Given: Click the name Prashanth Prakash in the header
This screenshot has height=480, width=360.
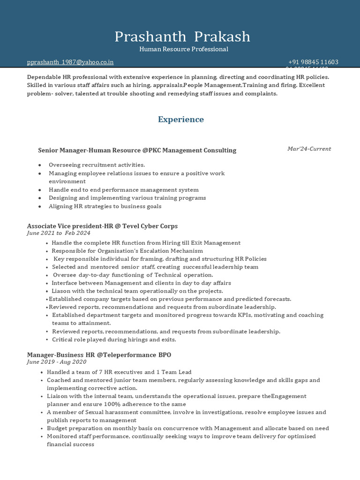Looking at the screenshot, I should point(182,37).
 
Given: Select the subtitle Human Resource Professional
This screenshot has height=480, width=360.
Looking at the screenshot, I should point(184,49).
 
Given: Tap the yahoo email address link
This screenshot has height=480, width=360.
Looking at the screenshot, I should point(70,62).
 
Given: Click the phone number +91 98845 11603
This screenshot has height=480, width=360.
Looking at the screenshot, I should point(313,62).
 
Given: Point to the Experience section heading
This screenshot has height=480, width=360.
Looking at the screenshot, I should point(180,120).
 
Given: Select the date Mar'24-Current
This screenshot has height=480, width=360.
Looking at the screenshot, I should point(309,149).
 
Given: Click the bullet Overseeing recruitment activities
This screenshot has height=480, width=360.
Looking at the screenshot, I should point(97,165).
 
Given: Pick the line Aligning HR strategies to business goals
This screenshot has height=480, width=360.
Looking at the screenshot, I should point(105,206).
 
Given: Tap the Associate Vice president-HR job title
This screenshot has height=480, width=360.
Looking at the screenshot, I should point(102,226).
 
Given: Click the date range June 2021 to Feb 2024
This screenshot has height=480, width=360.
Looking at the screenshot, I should point(59,233).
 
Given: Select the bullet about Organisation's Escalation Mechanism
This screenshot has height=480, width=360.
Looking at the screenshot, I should point(127,251).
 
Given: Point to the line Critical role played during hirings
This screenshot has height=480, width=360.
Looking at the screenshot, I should point(114,339).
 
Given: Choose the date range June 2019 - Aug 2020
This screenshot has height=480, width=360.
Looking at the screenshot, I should point(57,362).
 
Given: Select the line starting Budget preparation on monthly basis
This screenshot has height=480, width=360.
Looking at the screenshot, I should point(187,428).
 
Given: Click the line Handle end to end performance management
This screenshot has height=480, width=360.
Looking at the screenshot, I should point(123,190).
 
